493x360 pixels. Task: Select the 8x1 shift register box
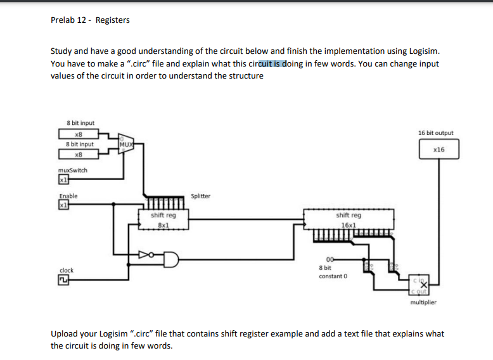coord(163,219)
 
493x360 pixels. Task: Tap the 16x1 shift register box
coord(349,219)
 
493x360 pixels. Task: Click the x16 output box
coord(438,150)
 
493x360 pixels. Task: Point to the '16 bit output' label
coord(436,133)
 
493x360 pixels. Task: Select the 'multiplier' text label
coord(423,302)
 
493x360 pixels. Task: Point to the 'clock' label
coord(66,270)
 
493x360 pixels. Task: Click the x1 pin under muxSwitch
coord(63,180)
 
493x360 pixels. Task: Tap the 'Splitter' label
coord(200,196)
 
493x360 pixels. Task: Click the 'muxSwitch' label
coord(72,170)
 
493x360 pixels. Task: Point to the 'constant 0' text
coord(332,276)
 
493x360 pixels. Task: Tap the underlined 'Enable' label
coord(68,196)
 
